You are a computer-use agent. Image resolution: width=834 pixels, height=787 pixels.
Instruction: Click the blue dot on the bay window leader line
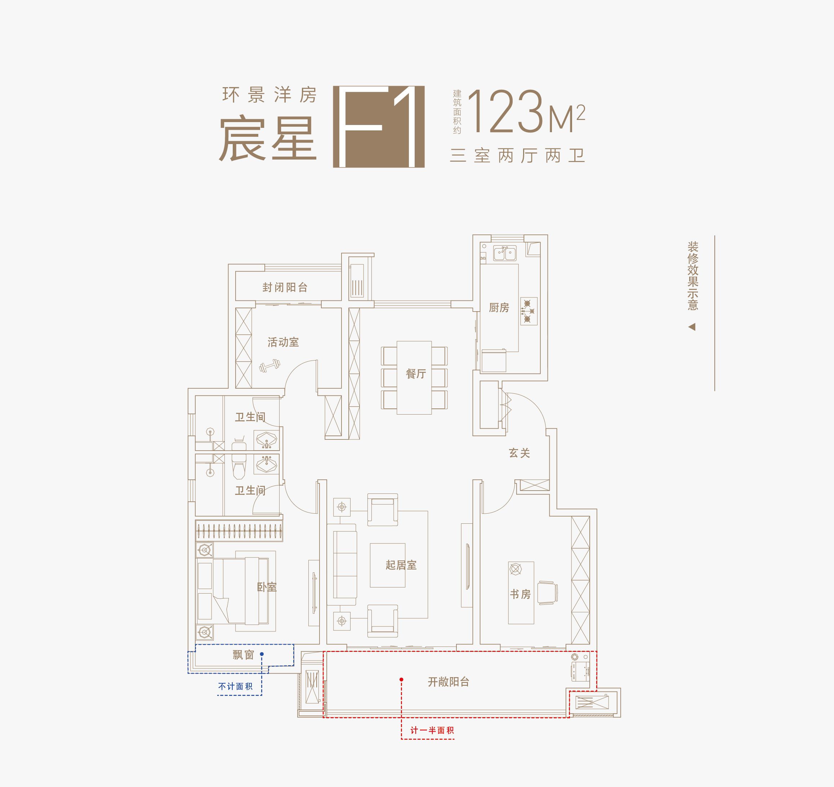tap(262, 654)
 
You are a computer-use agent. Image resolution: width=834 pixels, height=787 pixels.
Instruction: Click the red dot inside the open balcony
tap(401, 680)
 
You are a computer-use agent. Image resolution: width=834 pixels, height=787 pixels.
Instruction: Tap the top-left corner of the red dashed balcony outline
tap(324, 652)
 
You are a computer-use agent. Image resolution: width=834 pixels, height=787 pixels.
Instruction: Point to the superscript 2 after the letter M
tap(581, 112)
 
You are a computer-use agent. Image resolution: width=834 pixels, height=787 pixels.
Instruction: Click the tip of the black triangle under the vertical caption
tap(688, 326)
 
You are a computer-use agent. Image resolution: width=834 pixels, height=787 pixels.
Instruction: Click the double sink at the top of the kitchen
tap(505, 253)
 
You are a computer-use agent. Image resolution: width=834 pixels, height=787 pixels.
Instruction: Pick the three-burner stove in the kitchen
tap(529, 311)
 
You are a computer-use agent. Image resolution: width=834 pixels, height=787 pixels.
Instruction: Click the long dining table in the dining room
tap(414, 377)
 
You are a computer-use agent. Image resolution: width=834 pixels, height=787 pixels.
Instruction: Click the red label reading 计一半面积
tap(432, 730)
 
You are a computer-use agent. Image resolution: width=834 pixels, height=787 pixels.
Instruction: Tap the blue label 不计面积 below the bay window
tap(235, 686)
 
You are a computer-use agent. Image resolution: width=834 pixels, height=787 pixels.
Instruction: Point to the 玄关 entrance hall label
tap(519, 453)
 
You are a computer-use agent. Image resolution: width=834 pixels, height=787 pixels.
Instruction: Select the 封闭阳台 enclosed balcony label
tap(285, 287)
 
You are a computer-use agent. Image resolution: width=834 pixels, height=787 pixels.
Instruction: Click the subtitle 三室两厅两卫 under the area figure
tap(517, 156)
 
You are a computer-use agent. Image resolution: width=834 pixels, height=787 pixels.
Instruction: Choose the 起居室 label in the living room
tap(401, 565)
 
